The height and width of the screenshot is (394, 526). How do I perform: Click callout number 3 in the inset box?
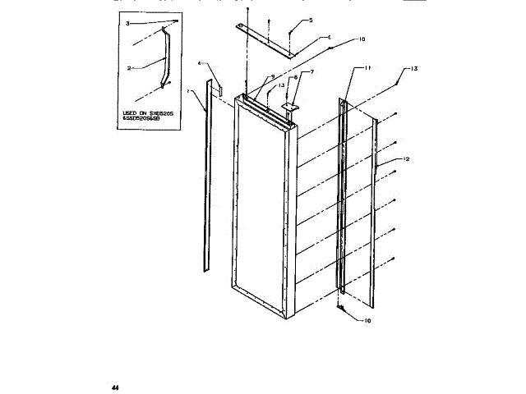click(128, 24)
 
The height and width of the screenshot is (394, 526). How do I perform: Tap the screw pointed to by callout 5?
click(291, 33)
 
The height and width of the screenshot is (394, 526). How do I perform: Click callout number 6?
click(329, 37)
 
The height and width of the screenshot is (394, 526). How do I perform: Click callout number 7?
click(312, 73)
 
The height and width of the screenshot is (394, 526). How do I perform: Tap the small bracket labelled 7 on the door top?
click(290, 106)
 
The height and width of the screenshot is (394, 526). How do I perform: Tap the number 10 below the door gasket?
click(367, 321)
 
